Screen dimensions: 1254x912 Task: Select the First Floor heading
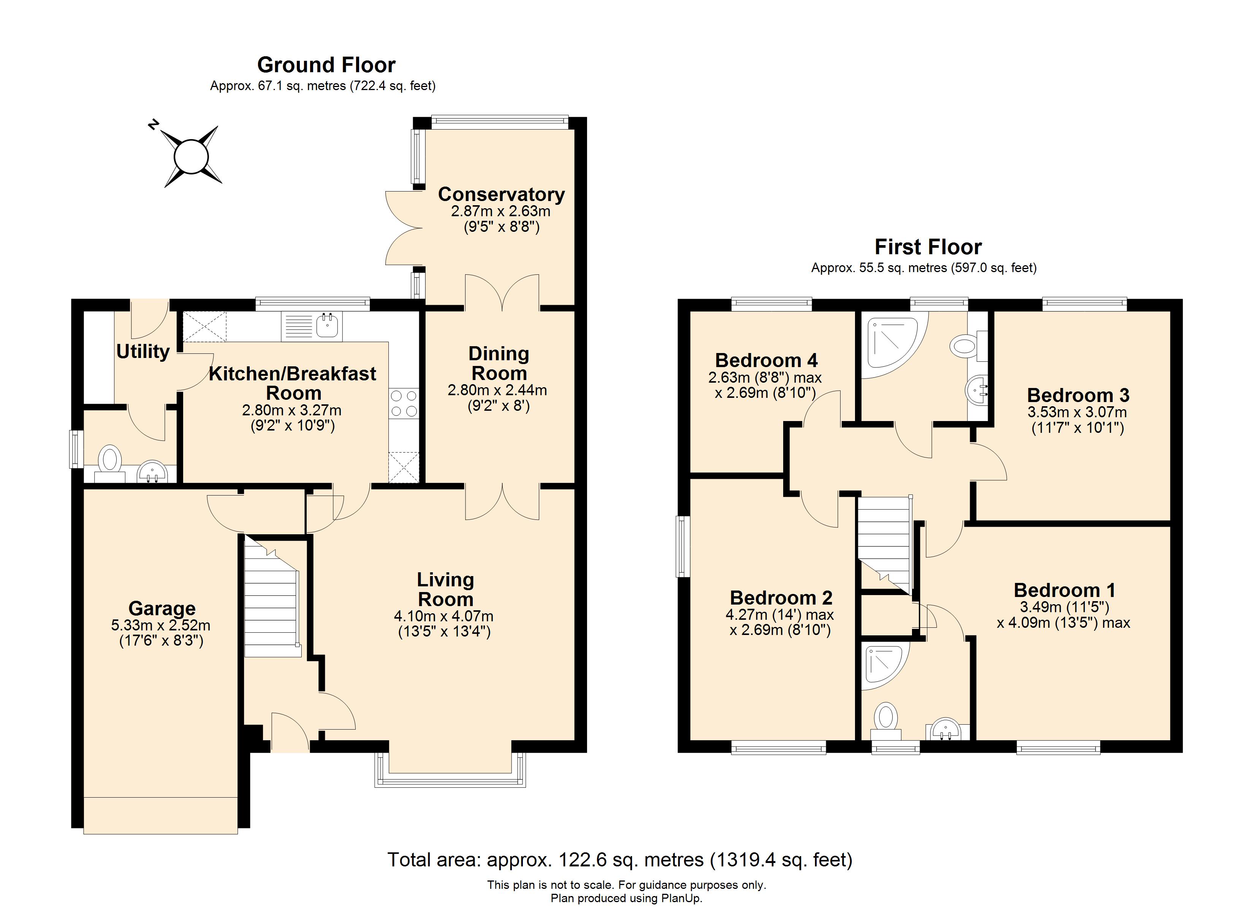pos(928,247)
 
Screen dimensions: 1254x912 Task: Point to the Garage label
pos(162,608)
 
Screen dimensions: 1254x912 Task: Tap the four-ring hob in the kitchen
pos(404,403)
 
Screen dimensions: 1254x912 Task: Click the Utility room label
pos(142,351)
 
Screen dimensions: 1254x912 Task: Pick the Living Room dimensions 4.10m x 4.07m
pos(444,616)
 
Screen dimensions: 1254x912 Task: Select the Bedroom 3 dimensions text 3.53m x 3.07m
pos(1077,412)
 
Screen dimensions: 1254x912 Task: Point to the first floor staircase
pos(883,545)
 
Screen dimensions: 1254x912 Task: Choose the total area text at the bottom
pos(620,860)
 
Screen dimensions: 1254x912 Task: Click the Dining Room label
pos(499,363)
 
